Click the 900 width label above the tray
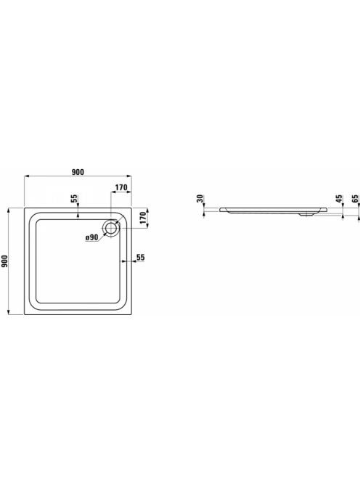tap(78, 172)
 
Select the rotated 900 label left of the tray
tap(4, 261)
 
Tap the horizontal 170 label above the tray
tap(121, 187)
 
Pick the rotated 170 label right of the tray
tap(142, 218)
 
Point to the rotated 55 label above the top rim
tap(74, 199)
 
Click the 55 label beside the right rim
tap(141, 257)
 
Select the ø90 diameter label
tap(92, 237)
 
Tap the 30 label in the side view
tap(200, 199)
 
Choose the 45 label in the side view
tap(339, 199)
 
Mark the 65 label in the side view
tap(356, 199)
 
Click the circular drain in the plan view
tap(110, 229)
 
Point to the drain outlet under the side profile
tap(306, 215)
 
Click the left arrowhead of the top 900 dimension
tap(26, 176)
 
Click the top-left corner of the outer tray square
tap(24, 208)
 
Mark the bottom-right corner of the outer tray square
tap(131, 314)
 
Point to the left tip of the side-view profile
tap(219, 209)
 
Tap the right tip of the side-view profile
tap(327, 209)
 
